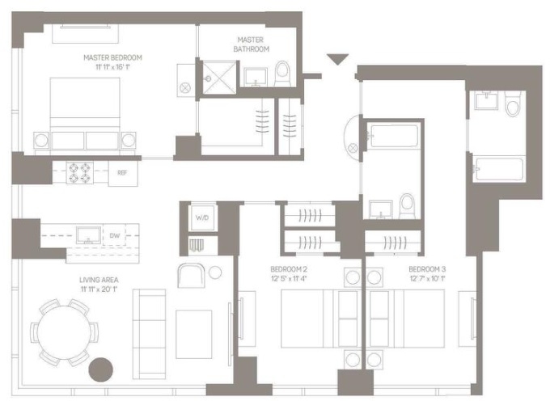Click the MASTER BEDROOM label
pyautogui.click(x=113, y=57)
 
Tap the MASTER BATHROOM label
pyautogui.click(x=252, y=44)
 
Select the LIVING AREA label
pyautogui.click(x=99, y=280)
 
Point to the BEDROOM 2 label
pyautogui.click(x=289, y=269)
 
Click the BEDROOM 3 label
pyautogui.click(x=427, y=269)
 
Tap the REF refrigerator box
pyautogui.click(x=123, y=173)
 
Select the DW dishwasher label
pyautogui.click(x=115, y=235)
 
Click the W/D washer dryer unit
pyautogui.click(x=202, y=217)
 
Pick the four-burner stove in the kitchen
pyautogui.click(x=80, y=173)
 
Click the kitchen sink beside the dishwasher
pyautogui.click(x=89, y=235)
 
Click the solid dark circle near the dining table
pyautogui.click(x=100, y=369)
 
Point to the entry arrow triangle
pyautogui.click(x=337, y=59)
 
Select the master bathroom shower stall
pyautogui.click(x=219, y=78)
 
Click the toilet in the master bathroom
pyautogui.click(x=282, y=74)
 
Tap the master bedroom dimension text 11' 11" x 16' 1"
pyautogui.click(x=113, y=66)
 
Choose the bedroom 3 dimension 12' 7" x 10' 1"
pyautogui.click(x=427, y=279)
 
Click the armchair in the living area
pyautogui.click(x=191, y=275)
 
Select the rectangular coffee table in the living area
pyautogui.click(x=193, y=334)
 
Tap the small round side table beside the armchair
pyautogui.click(x=215, y=272)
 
